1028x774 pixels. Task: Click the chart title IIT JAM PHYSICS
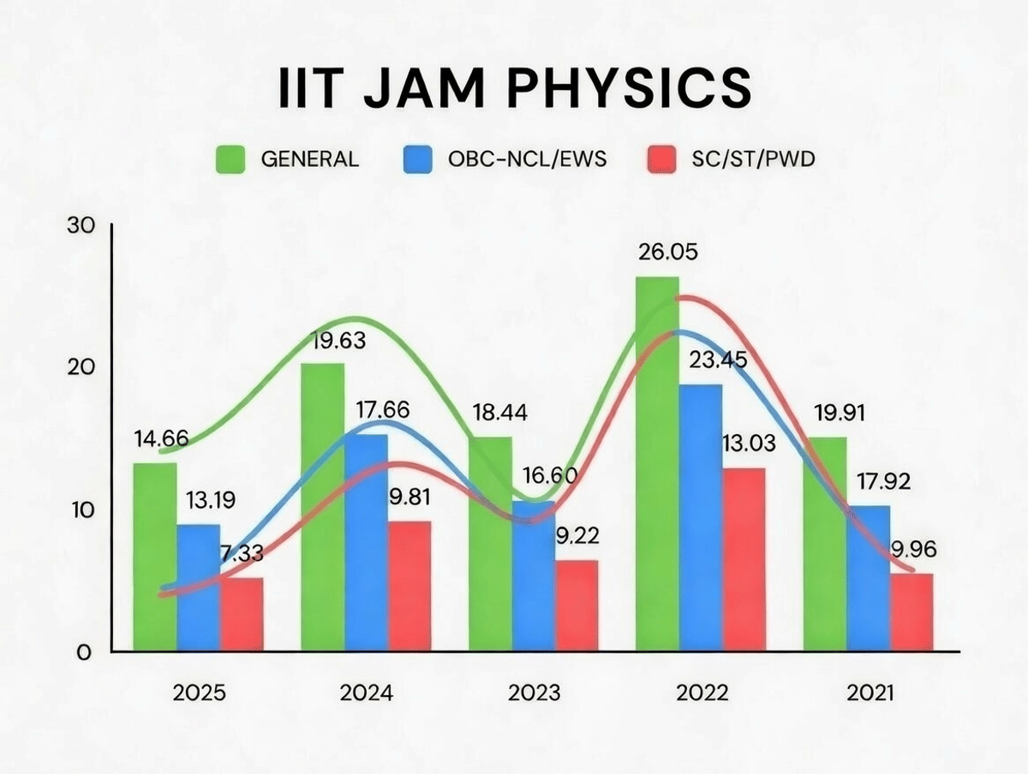pos(514,88)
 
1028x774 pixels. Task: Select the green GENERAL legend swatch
pos(230,159)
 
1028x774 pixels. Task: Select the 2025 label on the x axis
pos(199,693)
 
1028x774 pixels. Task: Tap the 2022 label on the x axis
pos(702,693)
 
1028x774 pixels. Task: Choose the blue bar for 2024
pos(366,544)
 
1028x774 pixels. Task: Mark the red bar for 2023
pos(577,606)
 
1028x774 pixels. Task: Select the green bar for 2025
pos(155,557)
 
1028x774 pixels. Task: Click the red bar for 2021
pos(911,613)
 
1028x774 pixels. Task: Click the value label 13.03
pos(747,444)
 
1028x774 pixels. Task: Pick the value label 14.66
pos(161,439)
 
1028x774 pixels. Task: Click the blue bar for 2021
pos(869,579)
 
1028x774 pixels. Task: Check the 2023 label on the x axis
pos(535,693)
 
